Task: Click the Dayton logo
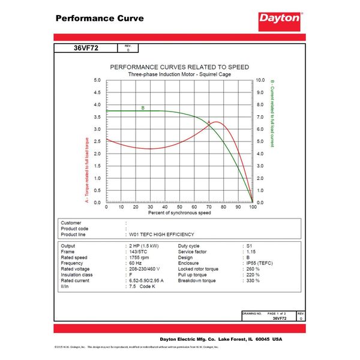[280, 19]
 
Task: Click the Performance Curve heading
[99, 18]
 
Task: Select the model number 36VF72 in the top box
[85, 49]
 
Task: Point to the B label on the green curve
[143, 108]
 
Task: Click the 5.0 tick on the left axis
[98, 80]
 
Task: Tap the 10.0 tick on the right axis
[261, 80]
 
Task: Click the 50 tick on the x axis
[179, 207]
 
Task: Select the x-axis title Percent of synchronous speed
[179, 213]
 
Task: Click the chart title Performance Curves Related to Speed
[179, 67]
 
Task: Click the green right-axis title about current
[272, 113]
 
